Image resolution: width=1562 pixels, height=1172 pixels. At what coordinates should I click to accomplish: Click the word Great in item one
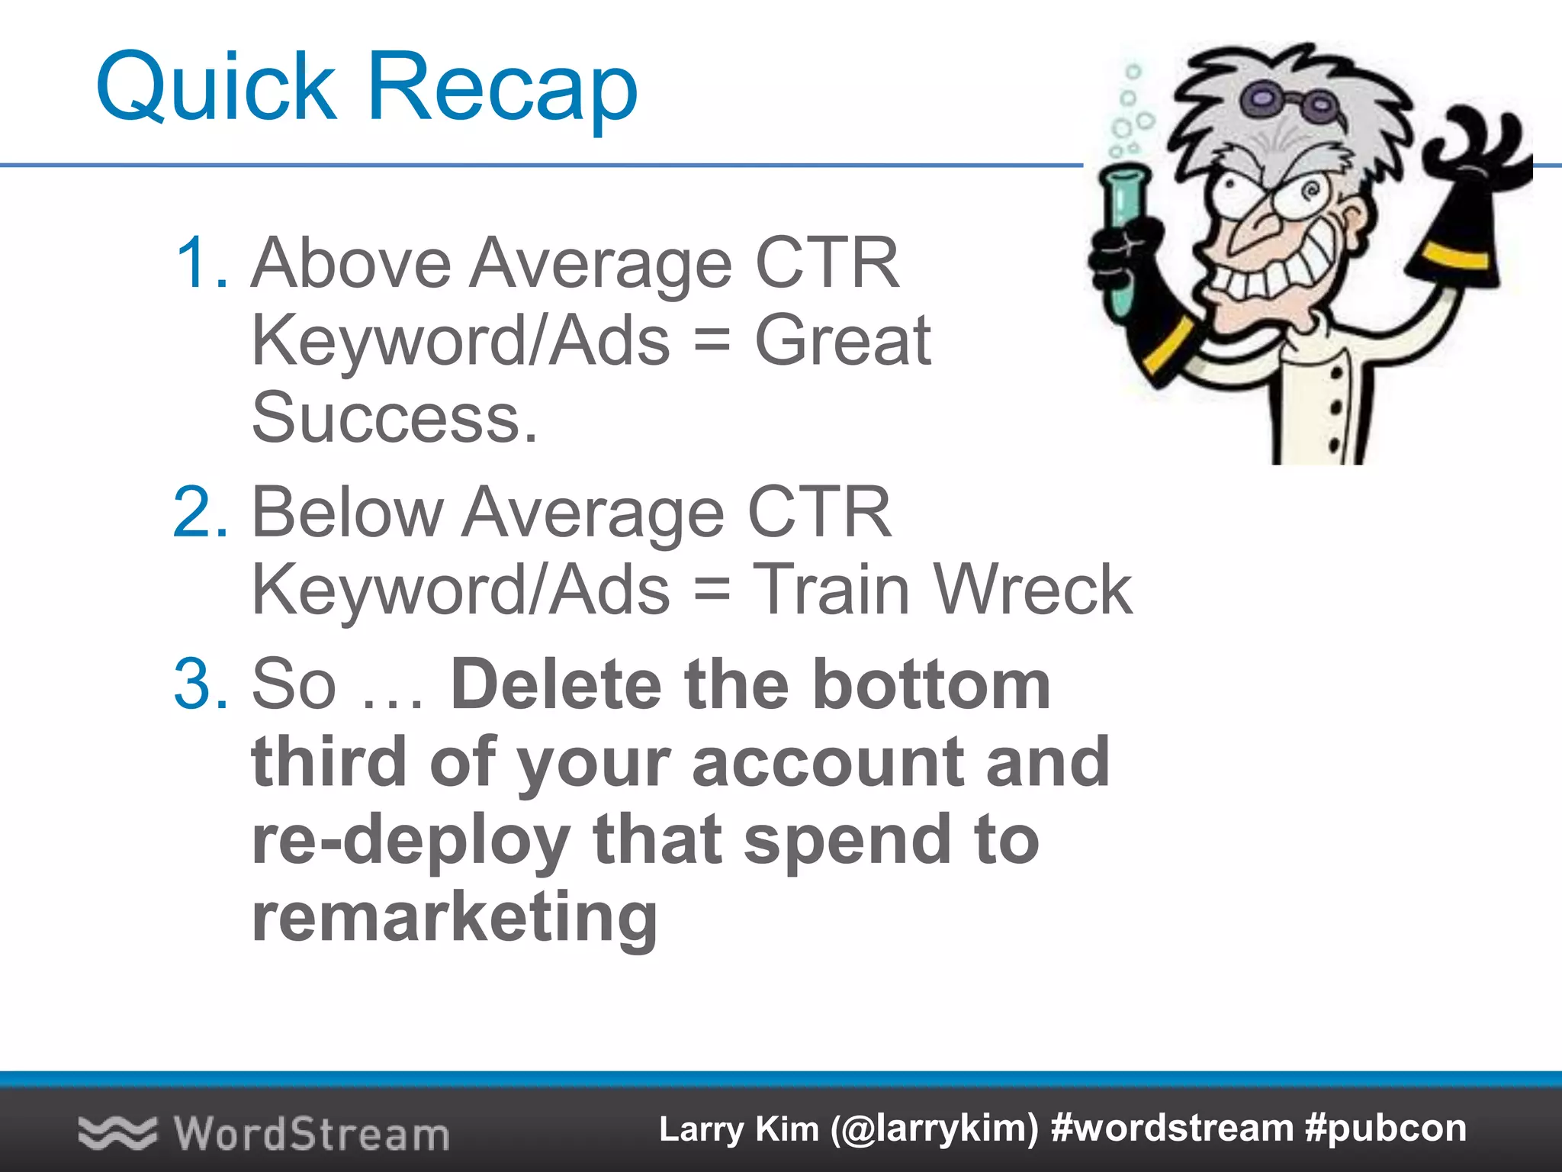coord(842,340)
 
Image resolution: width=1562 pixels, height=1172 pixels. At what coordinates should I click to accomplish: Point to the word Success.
coord(394,418)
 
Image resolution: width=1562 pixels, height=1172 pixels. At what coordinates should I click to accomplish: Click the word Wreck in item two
coord(1033,589)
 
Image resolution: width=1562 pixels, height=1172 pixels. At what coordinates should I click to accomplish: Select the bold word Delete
coord(555,684)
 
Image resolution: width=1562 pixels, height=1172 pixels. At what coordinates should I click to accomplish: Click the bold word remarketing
coord(455,918)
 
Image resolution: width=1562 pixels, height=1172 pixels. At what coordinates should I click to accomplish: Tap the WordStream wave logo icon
coord(117,1132)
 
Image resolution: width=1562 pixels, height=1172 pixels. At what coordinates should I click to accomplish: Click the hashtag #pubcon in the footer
coord(1386,1129)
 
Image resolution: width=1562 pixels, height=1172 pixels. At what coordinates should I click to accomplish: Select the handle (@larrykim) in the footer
coord(934,1129)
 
